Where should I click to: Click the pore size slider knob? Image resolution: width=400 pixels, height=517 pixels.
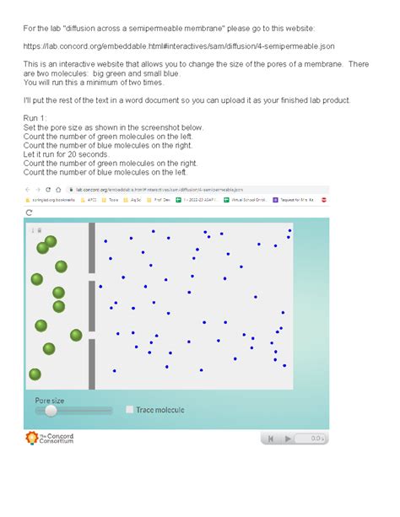pyautogui.click(x=51, y=410)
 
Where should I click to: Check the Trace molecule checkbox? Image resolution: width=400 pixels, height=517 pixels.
pyautogui.click(x=129, y=410)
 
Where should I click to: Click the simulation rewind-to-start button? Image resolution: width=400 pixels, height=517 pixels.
pyautogui.click(x=271, y=439)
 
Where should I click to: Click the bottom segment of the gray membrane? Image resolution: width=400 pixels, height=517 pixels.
pyautogui.click(x=92, y=364)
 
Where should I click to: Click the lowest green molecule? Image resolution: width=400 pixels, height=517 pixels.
pyautogui.click(x=35, y=374)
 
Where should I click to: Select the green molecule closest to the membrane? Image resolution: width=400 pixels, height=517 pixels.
pyautogui.click(x=76, y=335)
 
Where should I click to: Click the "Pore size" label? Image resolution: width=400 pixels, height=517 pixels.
pyautogui.click(x=49, y=400)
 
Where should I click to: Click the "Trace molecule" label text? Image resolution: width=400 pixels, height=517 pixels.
pyautogui.click(x=159, y=410)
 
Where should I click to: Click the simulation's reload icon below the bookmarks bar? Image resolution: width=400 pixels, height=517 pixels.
pyautogui.click(x=29, y=213)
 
